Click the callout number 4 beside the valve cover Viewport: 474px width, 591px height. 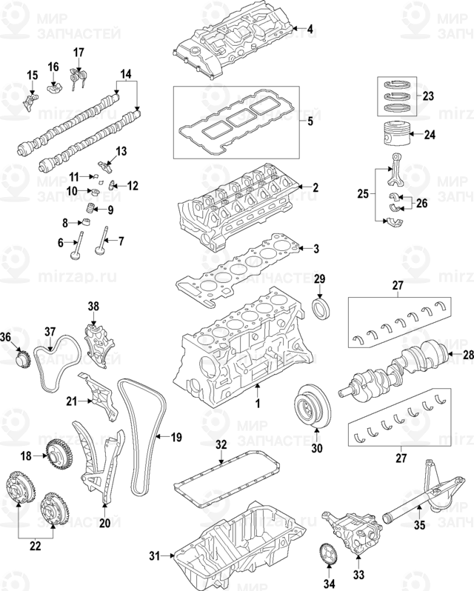[310, 29]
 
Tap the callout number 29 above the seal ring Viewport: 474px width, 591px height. [319, 278]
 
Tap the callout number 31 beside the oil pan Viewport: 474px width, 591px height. [155, 555]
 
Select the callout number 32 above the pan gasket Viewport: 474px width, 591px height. [221, 445]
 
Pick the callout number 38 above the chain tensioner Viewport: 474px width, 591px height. [93, 305]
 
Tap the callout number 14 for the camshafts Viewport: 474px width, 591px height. [125, 74]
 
